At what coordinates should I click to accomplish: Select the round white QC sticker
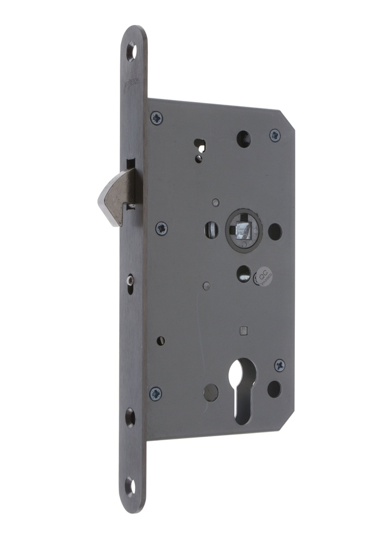[x=265, y=274]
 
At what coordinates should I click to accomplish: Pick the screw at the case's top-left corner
[x=156, y=118]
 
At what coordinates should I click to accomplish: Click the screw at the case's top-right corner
[x=275, y=135]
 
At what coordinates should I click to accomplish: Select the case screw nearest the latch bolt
[x=162, y=228]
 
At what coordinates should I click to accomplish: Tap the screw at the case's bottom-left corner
[x=155, y=393]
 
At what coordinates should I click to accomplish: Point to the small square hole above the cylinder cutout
[x=243, y=330]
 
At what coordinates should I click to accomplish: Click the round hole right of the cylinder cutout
[x=274, y=388]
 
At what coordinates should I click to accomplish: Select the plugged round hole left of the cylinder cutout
[x=211, y=391]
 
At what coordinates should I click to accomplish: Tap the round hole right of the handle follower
[x=275, y=231]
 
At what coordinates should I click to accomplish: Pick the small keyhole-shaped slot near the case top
[x=199, y=148]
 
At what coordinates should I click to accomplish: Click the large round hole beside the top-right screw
[x=243, y=138]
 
